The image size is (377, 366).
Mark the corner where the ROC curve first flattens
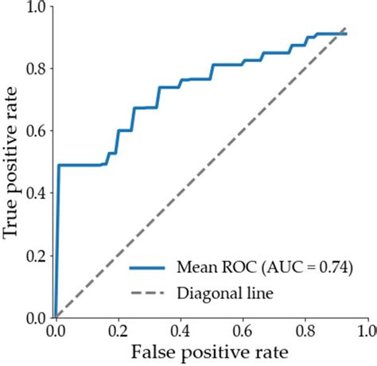pyautogui.click(x=59, y=165)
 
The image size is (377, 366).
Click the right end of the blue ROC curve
pyautogui.click(x=346, y=34)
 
